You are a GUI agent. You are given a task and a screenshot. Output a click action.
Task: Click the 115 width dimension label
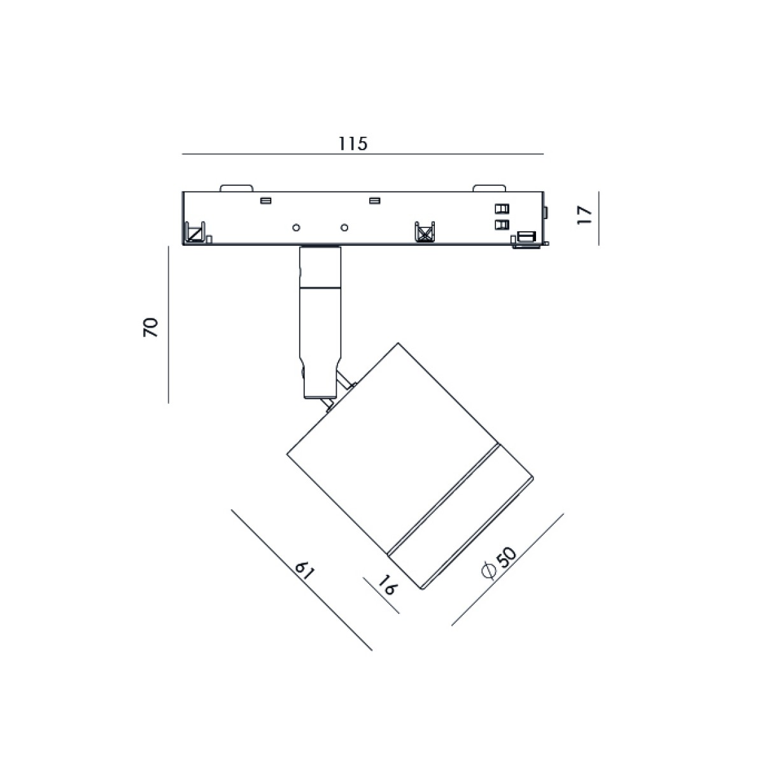pyautogui.click(x=353, y=143)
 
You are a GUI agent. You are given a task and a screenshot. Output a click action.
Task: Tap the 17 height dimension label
pyautogui.click(x=584, y=216)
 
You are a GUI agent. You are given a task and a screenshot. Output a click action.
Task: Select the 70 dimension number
pyautogui.click(x=151, y=327)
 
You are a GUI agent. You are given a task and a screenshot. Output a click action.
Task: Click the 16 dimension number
pyautogui.click(x=386, y=586)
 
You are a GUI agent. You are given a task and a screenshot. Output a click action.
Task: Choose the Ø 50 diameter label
pyautogui.click(x=499, y=563)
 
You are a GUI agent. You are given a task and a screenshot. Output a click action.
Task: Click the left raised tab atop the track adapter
pyautogui.click(x=237, y=188)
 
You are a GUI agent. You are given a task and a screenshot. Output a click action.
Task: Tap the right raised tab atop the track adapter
pyautogui.click(x=489, y=188)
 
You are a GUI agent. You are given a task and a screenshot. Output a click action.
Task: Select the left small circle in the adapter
pyautogui.click(x=296, y=227)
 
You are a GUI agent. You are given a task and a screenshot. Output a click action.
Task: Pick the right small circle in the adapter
pyautogui.click(x=344, y=227)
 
